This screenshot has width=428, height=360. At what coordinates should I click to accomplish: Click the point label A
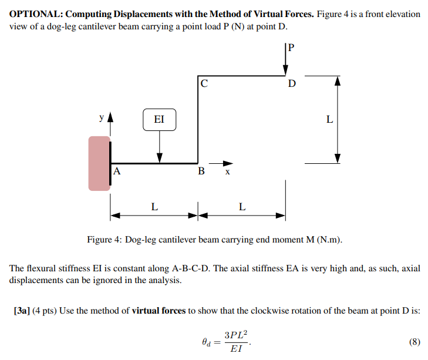(117, 172)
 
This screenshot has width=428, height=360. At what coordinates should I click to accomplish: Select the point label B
(201, 172)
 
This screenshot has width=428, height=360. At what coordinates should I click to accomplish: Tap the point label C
(204, 83)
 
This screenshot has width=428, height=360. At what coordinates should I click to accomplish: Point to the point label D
(292, 83)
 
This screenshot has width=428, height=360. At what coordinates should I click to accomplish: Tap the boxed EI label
(159, 120)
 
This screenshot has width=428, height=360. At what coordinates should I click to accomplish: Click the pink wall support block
(99, 163)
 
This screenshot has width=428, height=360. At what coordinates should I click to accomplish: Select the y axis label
(101, 117)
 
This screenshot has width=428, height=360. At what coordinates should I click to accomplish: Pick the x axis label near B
(228, 173)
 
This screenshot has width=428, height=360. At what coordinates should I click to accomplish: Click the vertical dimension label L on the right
(329, 120)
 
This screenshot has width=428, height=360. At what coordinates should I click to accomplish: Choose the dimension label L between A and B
(154, 207)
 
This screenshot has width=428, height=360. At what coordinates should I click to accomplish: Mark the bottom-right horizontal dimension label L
(242, 207)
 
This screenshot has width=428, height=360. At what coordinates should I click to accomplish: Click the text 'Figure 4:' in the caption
(105, 240)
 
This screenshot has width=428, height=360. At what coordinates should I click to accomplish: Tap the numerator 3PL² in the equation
(237, 335)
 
